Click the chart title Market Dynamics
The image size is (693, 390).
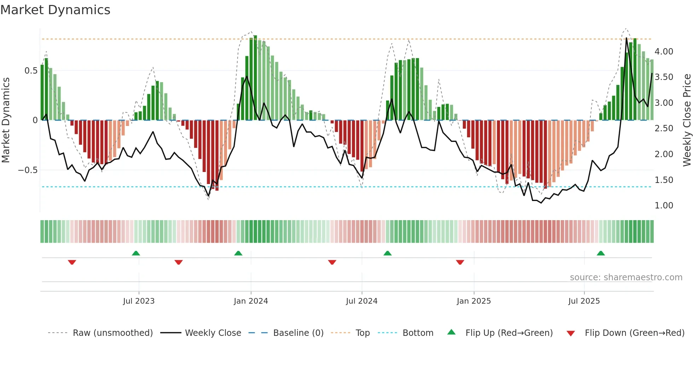(x=55, y=10)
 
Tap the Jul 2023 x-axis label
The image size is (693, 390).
(x=139, y=301)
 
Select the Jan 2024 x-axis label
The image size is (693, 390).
(x=251, y=301)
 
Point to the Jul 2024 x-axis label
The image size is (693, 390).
(x=361, y=301)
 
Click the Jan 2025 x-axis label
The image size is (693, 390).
(x=473, y=301)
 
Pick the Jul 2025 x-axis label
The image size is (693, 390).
(x=584, y=301)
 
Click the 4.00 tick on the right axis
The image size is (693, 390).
(x=664, y=52)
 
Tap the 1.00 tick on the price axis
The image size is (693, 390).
(x=664, y=206)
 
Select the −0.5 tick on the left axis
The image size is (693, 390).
(x=28, y=170)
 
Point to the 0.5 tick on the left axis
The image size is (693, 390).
(x=31, y=71)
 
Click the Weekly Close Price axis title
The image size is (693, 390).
(x=687, y=120)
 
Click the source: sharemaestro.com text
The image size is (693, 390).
(x=626, y=277)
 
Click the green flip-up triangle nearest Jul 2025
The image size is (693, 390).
(x=600, y=253)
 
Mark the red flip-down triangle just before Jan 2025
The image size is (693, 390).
(x=460, y=262)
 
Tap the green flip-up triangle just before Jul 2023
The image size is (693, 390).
(x=136, y=253)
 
